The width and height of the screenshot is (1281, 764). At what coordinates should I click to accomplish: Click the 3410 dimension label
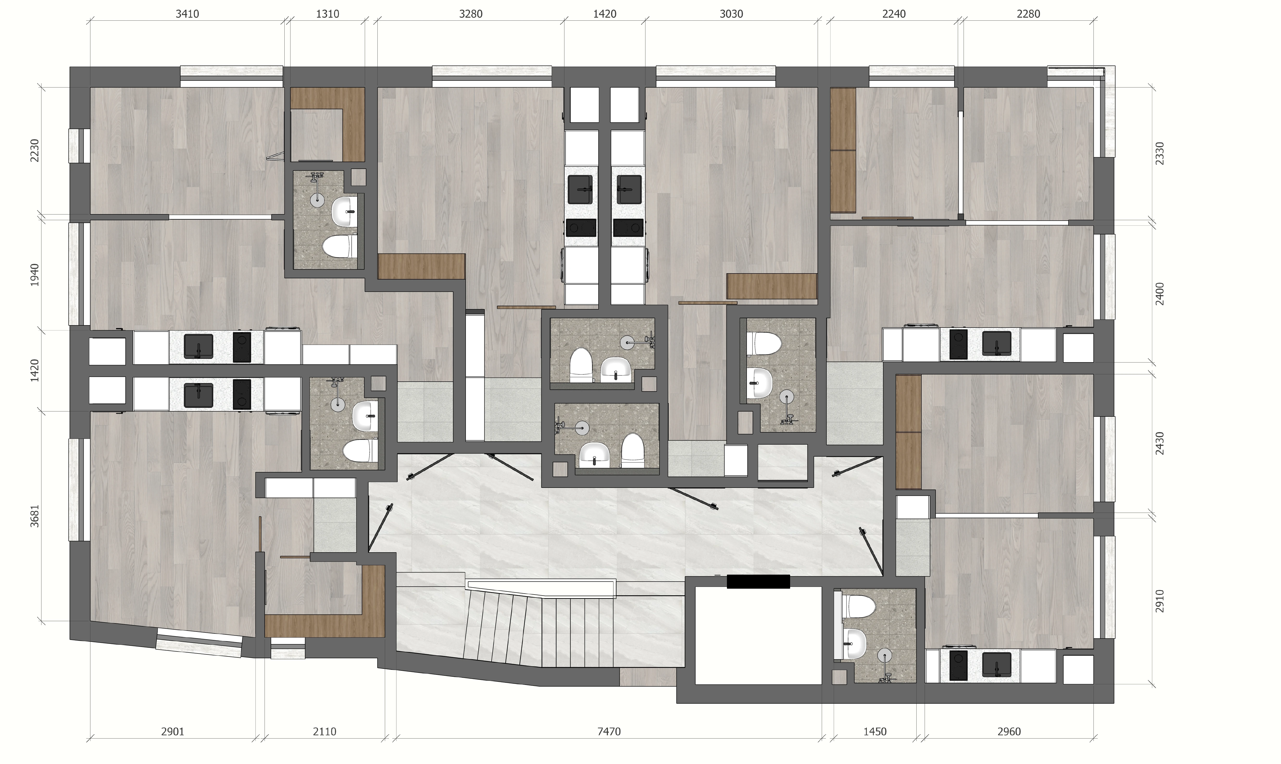tap(187, 14)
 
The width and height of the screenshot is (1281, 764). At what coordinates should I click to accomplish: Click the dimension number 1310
tap(327, 14)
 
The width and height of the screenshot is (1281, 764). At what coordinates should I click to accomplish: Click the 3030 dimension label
tap(731, 14)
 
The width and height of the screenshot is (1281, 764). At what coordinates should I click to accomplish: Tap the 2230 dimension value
tap(35, 150)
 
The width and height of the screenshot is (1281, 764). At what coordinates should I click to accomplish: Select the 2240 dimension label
tap(894, 14)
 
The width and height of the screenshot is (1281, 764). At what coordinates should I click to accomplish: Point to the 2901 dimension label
tap(173, 732)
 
